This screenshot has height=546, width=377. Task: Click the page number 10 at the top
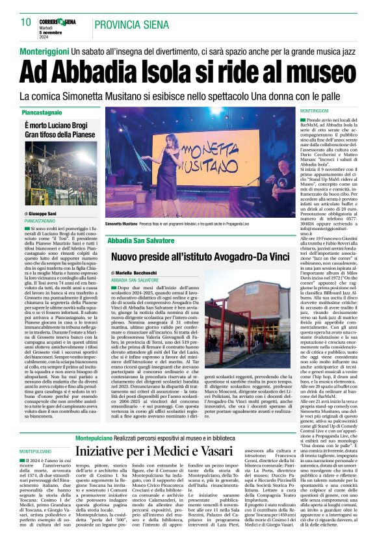click(x=26, y=22)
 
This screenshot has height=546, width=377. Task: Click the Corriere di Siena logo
click(x=62, y=21)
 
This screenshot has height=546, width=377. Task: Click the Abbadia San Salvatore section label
click(x=144, y=240)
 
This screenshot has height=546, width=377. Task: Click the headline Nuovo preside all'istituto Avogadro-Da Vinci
click(x=201, y=256)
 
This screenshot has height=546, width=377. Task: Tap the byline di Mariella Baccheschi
click(x=135, y=273)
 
